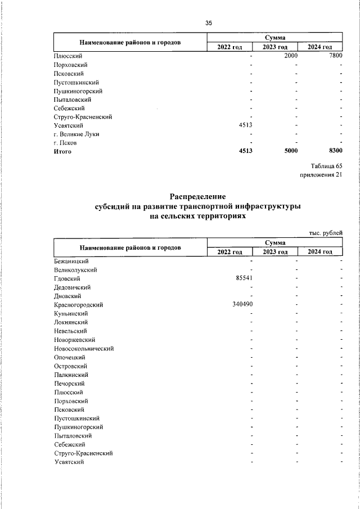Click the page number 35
tap(209, 23)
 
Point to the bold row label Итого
tap(62, 151)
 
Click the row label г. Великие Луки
tap(76, 134)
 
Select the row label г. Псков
tap(65, 143)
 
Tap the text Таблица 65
tap(326, 166)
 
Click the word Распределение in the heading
tap(198, 197)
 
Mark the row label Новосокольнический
tap(84, 348)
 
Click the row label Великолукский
tap(75, 270)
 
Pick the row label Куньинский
tap(71, 313)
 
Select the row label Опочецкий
tap(69, 357)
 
